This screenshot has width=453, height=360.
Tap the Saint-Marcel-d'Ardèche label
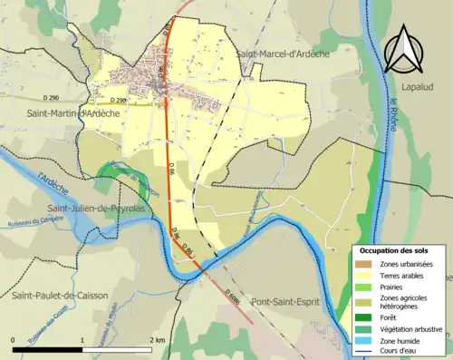pyautogui.click(x=283, y=55)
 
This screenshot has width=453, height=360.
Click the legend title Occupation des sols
pyautogui.click(x=400, y=249)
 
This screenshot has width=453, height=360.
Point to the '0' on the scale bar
pyautogui.click(x=14, y=340)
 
